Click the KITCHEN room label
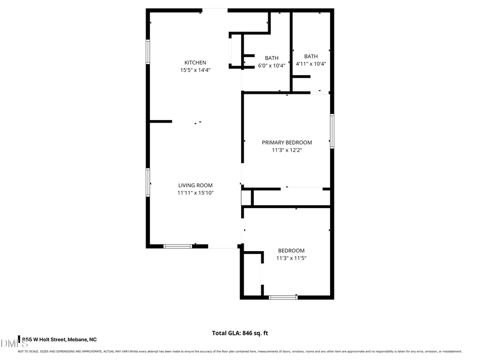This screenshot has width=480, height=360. (195, 62)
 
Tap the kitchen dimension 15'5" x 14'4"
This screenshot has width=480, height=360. (195, 70)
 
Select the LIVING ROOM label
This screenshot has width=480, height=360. (195, 186)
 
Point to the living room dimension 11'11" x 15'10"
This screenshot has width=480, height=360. (195, 193)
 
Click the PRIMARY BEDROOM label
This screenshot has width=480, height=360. (286, 142)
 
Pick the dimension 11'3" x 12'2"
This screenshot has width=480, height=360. (286, 150)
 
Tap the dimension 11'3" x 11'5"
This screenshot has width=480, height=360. (291, 258)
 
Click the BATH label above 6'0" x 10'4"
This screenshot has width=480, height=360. (271, 58)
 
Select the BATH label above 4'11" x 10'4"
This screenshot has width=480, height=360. (310, 56)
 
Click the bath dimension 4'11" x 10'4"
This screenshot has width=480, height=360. (310, 63)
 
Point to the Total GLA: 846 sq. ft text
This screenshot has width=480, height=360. (240, 333)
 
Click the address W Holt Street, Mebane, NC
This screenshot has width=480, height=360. (59, 339)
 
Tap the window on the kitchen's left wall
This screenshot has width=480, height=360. (148, 52)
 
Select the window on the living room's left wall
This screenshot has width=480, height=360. (148, 182)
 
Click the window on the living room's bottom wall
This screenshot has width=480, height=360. (177, 246)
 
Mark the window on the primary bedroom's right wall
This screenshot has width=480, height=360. (332, 131)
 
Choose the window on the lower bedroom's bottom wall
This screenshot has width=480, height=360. (283, 297)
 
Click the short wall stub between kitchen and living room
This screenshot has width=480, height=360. (161, 122)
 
